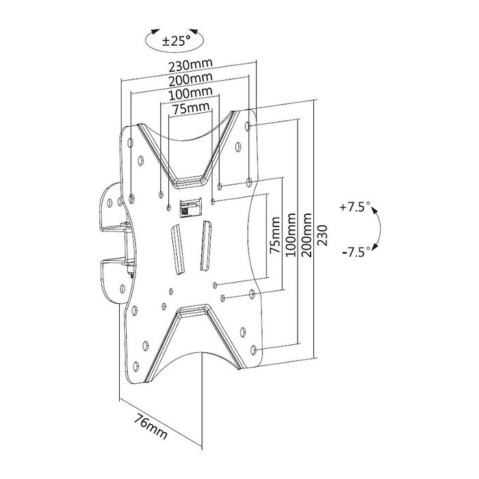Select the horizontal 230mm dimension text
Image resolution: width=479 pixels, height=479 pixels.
tap(190, 65)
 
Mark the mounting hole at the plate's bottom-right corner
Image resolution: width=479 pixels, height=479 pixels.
tap(255, 350)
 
